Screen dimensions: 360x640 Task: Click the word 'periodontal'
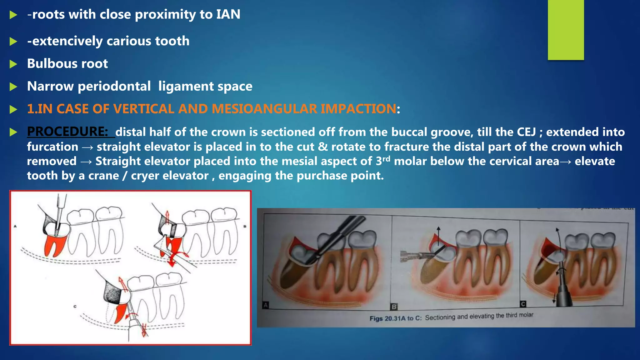pos(114,86)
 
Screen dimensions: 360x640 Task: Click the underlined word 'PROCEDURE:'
pos(67,132)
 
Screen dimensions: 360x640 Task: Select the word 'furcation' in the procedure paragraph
pos(52,147)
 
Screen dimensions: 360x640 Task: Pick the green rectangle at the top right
pos(566,30)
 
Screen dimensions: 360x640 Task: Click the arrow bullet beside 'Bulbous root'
pos(13,64)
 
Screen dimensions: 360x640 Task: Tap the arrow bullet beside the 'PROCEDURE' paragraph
pos(13,132)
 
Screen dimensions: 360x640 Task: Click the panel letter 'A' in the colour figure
pos(266,305)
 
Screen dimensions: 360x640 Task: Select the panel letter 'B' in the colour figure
pos(394,307)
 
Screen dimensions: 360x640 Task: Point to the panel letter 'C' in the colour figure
pos(523,304)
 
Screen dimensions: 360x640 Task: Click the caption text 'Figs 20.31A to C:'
pos(395,318)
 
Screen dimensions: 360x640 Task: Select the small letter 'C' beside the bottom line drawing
pos(75,307)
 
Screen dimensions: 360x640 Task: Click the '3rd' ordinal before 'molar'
pos(383,161)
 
